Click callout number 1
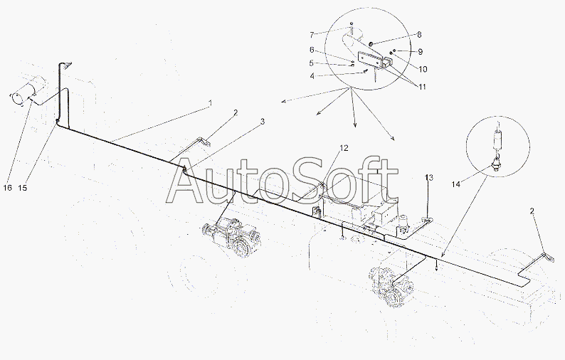coord(210,104)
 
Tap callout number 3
coord(263,122)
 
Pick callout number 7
coord(312,35)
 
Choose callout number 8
coord(419,35)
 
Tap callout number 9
coord(420,52)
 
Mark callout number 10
coord(423,69)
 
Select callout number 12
coord(344,148)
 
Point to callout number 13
coord(429,178)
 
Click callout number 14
coord(456,184)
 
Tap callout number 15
coord(22,188)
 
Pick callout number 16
coord(8,188)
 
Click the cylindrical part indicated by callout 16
coord(28,90)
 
